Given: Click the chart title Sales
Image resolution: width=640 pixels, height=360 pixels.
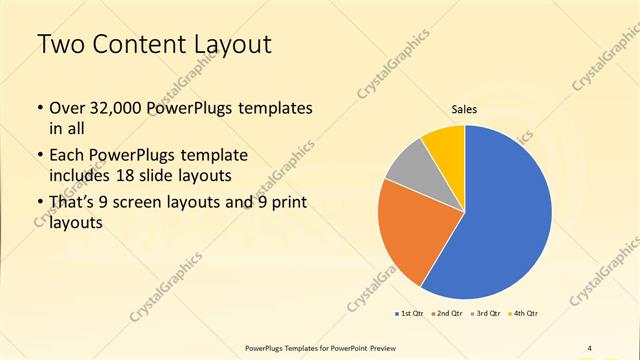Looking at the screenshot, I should tap(464, 108).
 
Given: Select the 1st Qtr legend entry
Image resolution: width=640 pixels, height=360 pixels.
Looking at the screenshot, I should tap(410, 314).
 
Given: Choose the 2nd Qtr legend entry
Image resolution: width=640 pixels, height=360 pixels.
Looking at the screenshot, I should tap(447, 314).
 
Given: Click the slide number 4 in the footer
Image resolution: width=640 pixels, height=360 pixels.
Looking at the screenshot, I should tap(590, 347).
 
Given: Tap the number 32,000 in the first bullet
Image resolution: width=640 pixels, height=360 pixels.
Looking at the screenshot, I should tap(114, 107).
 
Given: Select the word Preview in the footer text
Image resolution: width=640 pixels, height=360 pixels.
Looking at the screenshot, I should tap(385, 347).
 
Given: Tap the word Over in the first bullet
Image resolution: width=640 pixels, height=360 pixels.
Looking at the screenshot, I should tap(67, 107).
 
